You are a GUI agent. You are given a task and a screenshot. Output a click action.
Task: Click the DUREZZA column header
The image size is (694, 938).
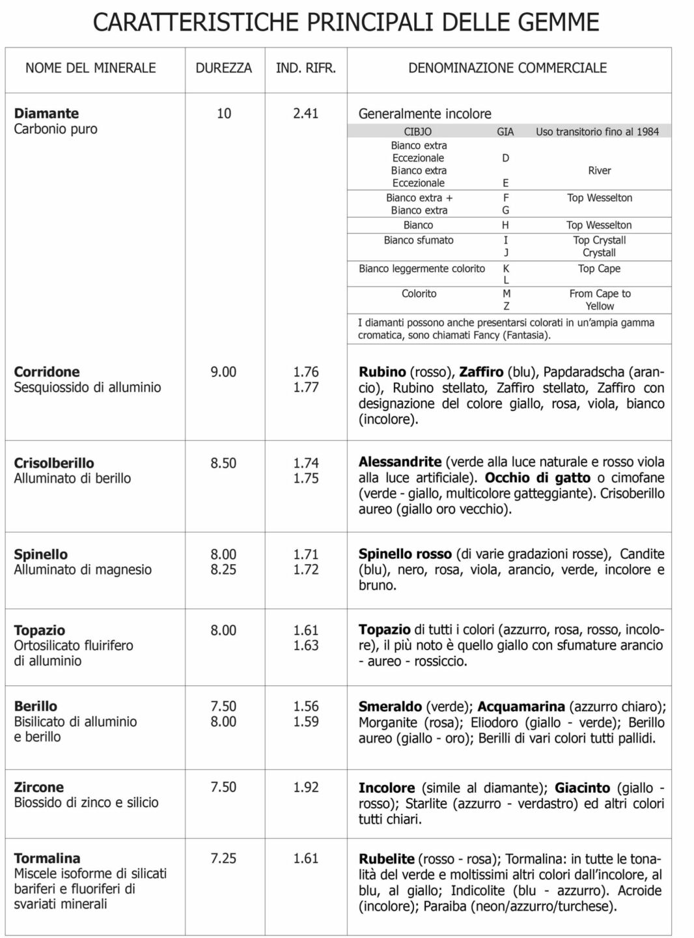click(223, 68)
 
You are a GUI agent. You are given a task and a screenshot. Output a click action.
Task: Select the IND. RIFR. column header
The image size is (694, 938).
click(306, 68)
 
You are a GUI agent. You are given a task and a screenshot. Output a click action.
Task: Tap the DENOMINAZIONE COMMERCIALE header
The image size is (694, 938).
click(507, 68)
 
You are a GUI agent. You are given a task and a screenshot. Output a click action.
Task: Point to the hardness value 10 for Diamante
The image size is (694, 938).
click(223, 113)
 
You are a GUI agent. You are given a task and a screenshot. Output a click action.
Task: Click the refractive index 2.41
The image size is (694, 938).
click(305, 113)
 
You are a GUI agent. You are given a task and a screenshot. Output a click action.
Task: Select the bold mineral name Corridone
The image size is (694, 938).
click(47, 372)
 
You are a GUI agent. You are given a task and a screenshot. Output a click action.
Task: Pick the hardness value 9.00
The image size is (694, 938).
click(223, 372)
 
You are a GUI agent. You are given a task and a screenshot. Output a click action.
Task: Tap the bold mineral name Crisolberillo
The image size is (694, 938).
click(54, 463)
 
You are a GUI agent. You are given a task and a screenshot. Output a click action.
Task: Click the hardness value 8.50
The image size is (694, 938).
click(223, 463)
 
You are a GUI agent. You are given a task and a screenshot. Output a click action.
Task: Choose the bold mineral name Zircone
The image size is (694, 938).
click(39, 787)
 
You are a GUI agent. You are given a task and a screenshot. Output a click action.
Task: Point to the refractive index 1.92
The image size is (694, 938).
click(305, 787)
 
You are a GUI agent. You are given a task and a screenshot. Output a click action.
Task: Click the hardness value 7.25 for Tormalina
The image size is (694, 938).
click(223, 859)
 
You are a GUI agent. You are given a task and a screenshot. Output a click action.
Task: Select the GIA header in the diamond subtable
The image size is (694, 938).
click(505, 132)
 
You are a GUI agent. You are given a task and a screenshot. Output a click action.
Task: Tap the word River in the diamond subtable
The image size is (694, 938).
click(599, 171)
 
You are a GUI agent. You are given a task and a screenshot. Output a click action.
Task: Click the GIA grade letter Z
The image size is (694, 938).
click(506, 306)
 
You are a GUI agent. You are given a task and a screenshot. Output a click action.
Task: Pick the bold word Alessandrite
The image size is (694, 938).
click(400, 462)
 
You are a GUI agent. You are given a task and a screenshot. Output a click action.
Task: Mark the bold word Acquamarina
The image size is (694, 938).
click(521, 707)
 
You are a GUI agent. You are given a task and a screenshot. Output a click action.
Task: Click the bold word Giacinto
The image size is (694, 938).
click(582, 788)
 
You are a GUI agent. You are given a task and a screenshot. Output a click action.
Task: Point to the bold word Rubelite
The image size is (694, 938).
click(386, 859)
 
